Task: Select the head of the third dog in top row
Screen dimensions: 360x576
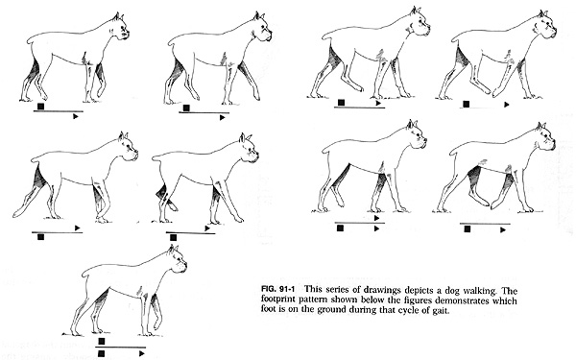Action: pos(414,23)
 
